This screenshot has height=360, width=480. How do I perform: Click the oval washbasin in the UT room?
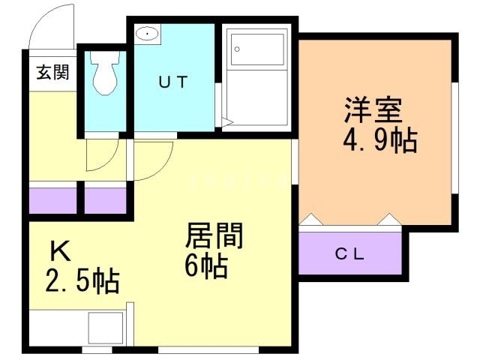coord(147,34)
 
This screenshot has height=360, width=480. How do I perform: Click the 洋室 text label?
coord(373,112)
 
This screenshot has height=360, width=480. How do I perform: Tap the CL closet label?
coord(349,253)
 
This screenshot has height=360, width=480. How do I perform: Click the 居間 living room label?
coord(214,238)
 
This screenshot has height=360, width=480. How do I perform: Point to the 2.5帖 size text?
coord(82,281)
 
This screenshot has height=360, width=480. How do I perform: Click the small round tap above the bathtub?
coord(236,49)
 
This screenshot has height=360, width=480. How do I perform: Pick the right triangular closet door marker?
coord(391,220)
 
